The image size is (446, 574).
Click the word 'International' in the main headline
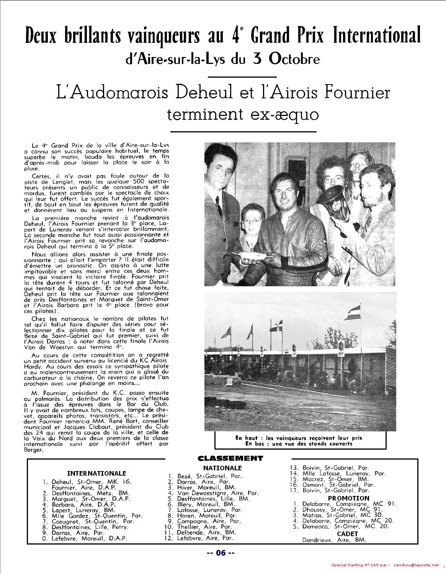point(377,35)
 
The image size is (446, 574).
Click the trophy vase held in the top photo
point(329,205)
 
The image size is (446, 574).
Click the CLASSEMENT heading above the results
point(230,458)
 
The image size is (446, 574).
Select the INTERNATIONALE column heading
point(96,473)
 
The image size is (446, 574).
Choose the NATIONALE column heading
point(222,468)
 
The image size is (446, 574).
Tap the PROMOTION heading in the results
point(348,498)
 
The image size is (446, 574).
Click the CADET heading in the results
point(348,533)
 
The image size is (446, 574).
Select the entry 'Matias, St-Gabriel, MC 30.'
point(340,515)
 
